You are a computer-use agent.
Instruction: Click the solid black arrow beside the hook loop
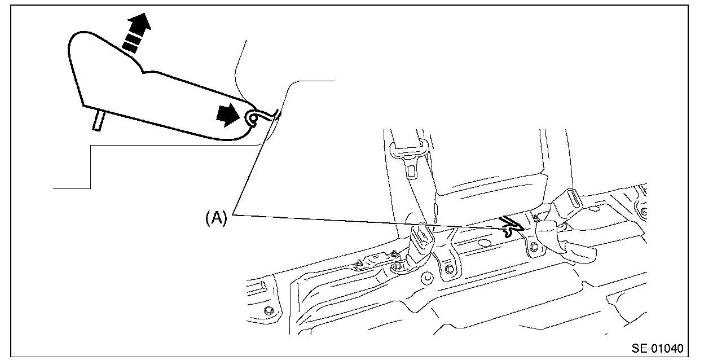[x=227, y=116]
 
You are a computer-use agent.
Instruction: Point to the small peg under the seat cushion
[x=99, y=120]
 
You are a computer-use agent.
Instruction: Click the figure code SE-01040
[x=657, y=348]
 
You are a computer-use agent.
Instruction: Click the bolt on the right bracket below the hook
[x=533, y=246]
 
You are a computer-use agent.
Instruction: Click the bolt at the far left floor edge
[x=269, y=310]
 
